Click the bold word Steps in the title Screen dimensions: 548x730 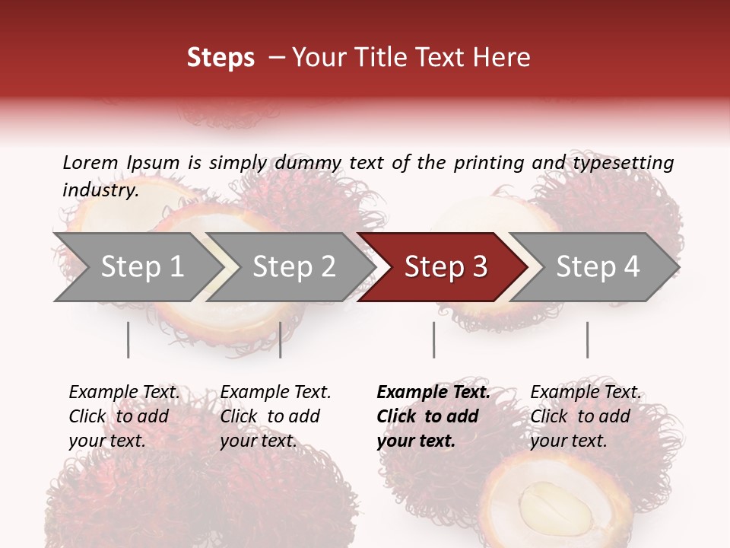(x=221, y=58)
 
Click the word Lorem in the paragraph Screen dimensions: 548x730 (x=90, y=163)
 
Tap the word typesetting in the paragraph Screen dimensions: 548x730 (x=624, y=163)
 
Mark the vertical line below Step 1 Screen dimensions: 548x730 (x=128, y=339)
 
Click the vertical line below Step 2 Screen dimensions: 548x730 (x=281, y=339)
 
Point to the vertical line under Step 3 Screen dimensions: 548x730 (x=433, y=339)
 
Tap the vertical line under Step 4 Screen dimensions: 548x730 (x=587, y=339)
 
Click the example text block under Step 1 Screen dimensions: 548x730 (x=124, y=416)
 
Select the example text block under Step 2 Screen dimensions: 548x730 (x=275, y=416)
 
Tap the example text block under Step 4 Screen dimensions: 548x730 (x=586, y=416)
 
